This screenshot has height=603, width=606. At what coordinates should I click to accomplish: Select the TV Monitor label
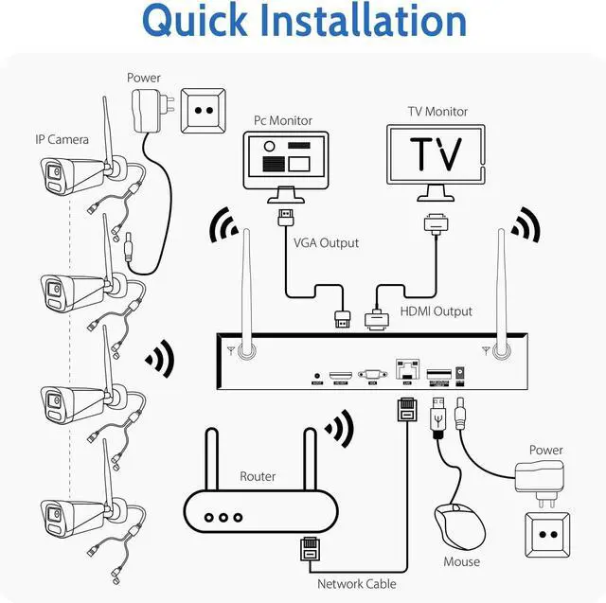[x=437, y=112]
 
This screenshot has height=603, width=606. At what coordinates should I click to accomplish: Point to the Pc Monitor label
[x=283, y=120]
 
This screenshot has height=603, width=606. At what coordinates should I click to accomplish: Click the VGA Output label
[x=326, y=242]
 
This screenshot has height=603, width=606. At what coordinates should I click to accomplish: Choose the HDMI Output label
[x=437, y=310]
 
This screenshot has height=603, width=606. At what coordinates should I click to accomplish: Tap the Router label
[x=258, y=476]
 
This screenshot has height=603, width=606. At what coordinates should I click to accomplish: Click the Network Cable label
[x=357, y=584]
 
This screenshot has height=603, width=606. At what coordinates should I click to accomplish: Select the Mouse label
[x=462, y=561]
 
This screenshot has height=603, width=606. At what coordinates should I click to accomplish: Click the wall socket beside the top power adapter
[x=202, y=110]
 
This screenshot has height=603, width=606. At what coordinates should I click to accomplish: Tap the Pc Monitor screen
[x=284, y=156]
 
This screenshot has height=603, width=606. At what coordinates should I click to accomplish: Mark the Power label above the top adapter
[x=144, y=78]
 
